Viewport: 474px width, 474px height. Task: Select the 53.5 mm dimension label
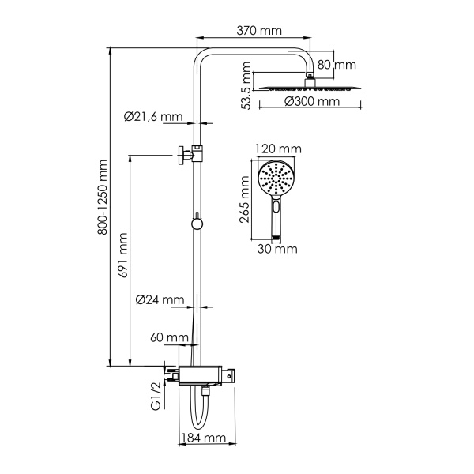pos(246,90)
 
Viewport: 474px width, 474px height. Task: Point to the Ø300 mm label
pos(312,102)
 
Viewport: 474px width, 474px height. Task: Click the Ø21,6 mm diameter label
pos(153,117)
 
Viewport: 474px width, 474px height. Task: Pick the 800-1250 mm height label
pos(101,207)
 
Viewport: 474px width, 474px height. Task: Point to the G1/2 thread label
pos(157,395)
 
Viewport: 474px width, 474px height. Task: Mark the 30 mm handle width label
pos(277,249)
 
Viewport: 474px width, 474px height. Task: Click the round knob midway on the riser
pos(197,224)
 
